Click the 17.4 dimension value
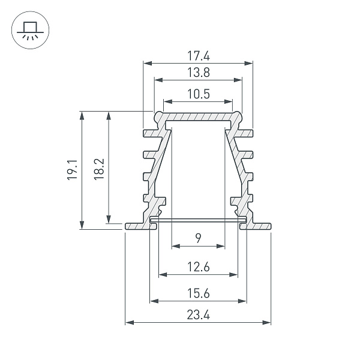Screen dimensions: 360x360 pos(198,56)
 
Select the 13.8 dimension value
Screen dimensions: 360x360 pos(198,73)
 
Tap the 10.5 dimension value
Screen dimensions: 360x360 pos(198,94)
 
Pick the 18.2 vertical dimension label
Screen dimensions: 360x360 pos(100,170)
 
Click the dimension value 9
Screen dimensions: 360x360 pos(198,239)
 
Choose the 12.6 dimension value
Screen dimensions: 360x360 pos(198,268)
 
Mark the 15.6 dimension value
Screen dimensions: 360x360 pos(198,293)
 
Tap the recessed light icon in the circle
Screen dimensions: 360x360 pos(28,29)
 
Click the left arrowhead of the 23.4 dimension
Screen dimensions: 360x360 pos(128,323)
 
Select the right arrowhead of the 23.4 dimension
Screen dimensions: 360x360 pos(268,323)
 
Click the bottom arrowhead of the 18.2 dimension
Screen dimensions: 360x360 pos(109,219)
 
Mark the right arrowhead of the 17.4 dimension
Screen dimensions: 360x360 pos(249,62)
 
